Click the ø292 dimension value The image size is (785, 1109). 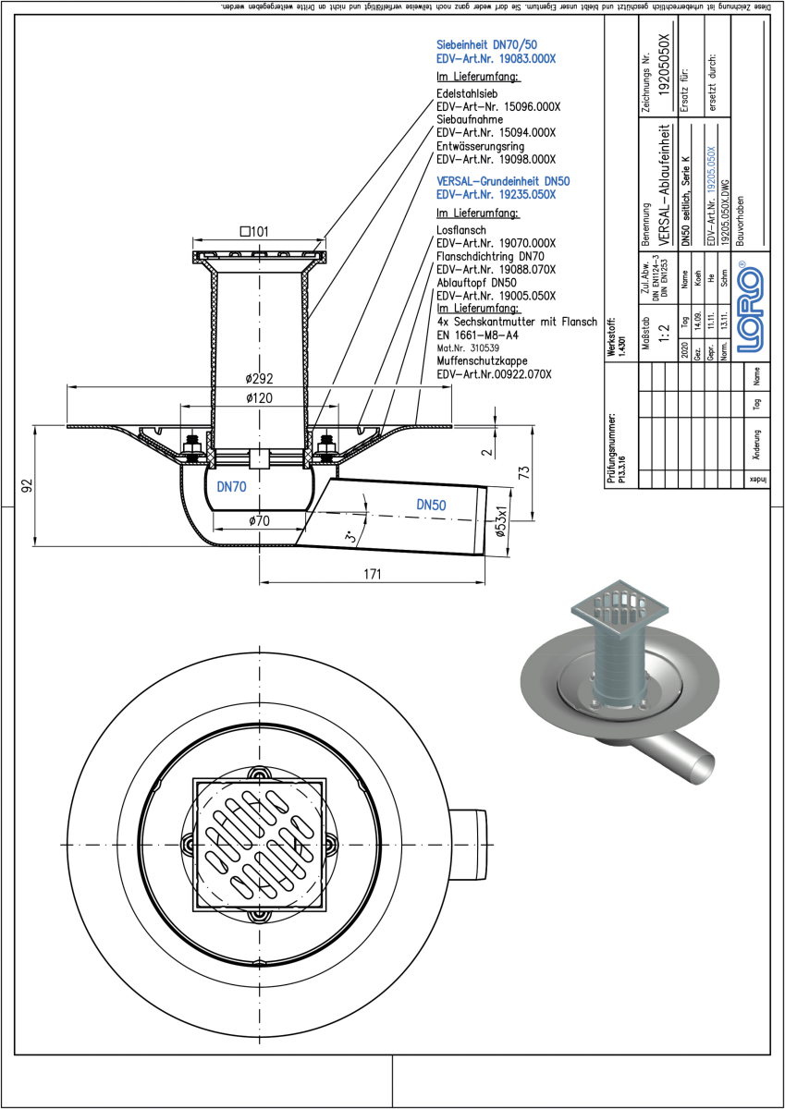[x=260, y=379]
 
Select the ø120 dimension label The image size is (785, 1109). [x=260, y=397]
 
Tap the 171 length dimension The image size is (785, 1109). [x=372, y=574]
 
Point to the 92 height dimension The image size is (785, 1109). [x=28, y=484]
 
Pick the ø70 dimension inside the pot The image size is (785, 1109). [x=259, y=521]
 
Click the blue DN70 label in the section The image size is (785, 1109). [x=231, y=486]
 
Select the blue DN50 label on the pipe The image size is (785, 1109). [x=432, y=505]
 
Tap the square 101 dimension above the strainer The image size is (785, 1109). [x=254, y=232]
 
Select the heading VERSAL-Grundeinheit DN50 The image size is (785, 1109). [x=495, y=182]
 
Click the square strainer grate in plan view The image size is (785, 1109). [x=260, y=844]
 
